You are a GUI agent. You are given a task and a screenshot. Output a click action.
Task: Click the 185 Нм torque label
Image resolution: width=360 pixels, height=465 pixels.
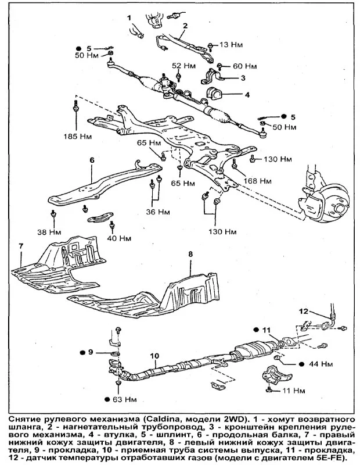[x=77, y=137]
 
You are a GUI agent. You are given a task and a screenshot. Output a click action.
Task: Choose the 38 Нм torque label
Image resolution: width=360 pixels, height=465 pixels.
[x=49, y=231]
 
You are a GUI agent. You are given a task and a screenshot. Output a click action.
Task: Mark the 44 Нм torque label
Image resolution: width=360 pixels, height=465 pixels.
[x=322, y=364]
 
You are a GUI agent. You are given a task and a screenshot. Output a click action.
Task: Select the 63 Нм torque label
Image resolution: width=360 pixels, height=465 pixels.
[x=125, y=400]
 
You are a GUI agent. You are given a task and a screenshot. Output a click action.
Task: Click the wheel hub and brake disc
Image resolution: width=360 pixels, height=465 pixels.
[x=328, y=195]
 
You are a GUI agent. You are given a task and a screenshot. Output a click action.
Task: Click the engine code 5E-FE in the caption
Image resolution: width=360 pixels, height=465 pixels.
[x=330, y=457]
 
